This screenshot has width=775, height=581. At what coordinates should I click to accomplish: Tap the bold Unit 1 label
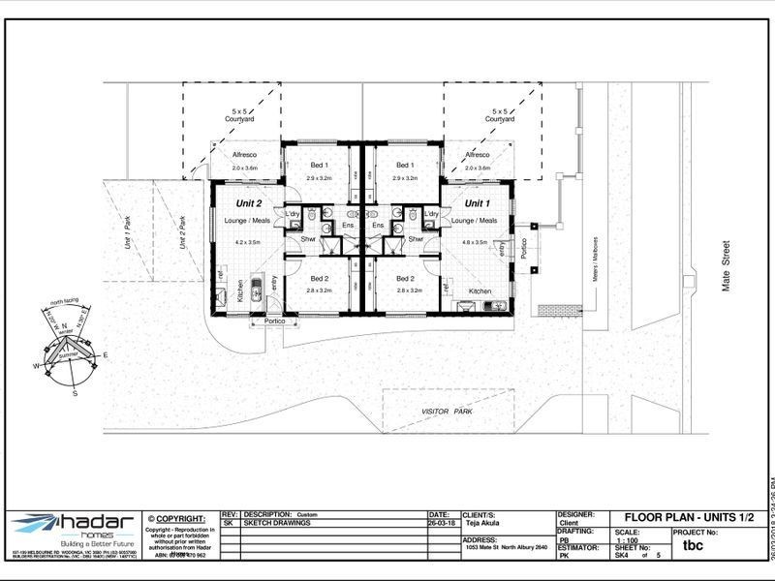(x=477, y=203)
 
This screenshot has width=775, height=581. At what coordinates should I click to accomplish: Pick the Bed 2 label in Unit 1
(x=407, y=277)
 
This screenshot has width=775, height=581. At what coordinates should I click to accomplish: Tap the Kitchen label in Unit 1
(x=480, y=290)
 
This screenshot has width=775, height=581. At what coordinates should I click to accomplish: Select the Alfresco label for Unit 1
(x=478, y=155)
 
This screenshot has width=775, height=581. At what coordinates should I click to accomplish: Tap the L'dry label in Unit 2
(x=292, y=213)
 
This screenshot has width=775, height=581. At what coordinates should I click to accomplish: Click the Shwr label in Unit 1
(x=415, y=239)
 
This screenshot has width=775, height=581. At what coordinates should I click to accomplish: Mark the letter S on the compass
(x=75, y=393)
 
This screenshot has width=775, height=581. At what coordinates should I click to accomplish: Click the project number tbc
(x=693, y=545)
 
